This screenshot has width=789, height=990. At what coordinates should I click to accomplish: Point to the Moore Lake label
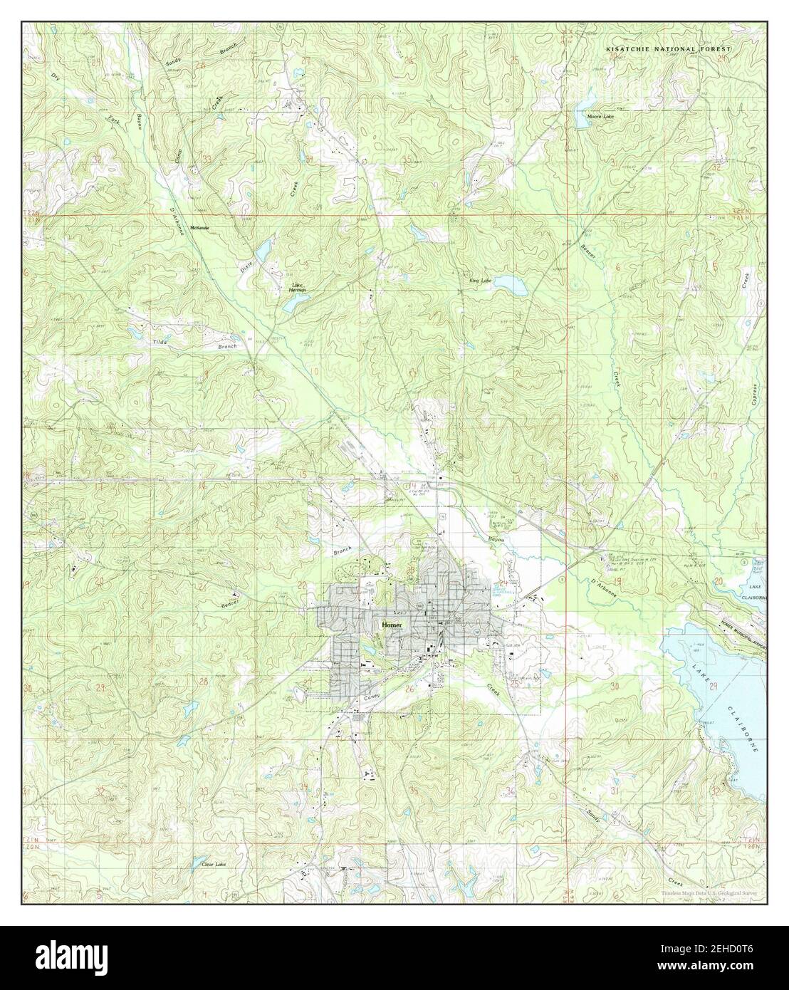pos(599,115)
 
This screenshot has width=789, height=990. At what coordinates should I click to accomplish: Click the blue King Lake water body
pos(509,284)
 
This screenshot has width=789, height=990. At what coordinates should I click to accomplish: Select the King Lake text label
pos(480,281)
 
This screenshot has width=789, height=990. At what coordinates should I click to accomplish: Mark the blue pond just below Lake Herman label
pos(293,304)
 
